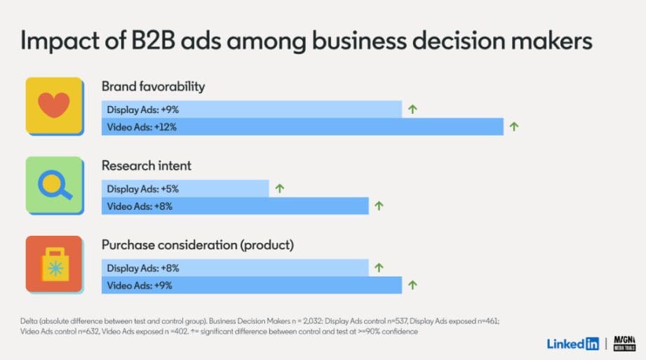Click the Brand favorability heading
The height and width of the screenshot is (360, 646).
[x=153, y=86]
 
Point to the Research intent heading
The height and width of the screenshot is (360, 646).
[x=146, y=166]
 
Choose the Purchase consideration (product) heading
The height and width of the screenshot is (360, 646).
[x=197, y=245]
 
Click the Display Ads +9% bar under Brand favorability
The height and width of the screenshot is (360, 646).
[x=252, y=109]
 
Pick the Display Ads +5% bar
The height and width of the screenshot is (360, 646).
[x=185, y=188]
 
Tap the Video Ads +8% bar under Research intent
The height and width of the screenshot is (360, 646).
[x=235, y=206]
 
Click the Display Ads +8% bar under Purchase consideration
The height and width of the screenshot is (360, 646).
[x=235, y=267]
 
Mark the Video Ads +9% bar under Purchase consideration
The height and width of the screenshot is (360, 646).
[x=252, y=286]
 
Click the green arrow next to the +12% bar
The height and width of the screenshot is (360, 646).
[x=513, y=127]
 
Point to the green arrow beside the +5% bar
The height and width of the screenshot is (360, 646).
[x=279, y=188]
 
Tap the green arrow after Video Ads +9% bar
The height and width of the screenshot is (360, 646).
[x=412, y=286]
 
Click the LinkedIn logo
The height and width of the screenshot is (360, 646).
[x=572, y=344]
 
